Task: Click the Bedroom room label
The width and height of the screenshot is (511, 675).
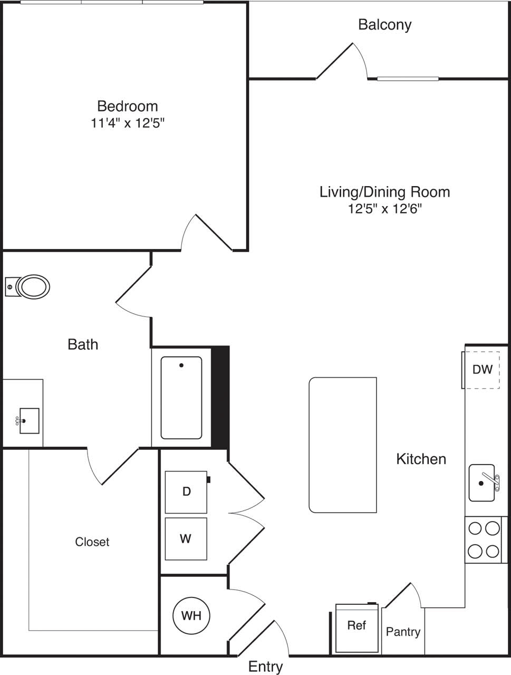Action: pos(128,106)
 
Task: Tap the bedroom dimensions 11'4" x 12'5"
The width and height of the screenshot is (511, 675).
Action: pos(128,123)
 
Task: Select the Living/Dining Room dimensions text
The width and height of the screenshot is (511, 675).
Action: pos(384,208)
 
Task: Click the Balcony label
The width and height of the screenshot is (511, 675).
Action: pos(384,25)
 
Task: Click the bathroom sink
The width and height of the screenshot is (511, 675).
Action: pos(29,420)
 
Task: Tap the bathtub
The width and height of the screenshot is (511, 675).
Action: pos(181,398)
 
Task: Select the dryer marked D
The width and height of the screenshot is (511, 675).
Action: pos(186,491)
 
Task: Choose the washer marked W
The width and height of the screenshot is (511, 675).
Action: pos(186,538)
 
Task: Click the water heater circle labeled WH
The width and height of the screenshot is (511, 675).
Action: pos(191,615)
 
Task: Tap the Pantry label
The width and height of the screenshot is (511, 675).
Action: pos(403,632)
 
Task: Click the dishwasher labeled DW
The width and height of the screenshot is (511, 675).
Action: pos(482,370)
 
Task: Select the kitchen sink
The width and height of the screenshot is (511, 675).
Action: pos(483,483)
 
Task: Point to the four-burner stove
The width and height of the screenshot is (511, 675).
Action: pos(484,539)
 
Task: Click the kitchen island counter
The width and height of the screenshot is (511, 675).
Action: pos(343,445)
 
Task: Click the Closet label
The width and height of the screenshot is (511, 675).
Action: pos(92,542)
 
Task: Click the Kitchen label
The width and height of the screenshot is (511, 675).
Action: pos(421,459)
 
